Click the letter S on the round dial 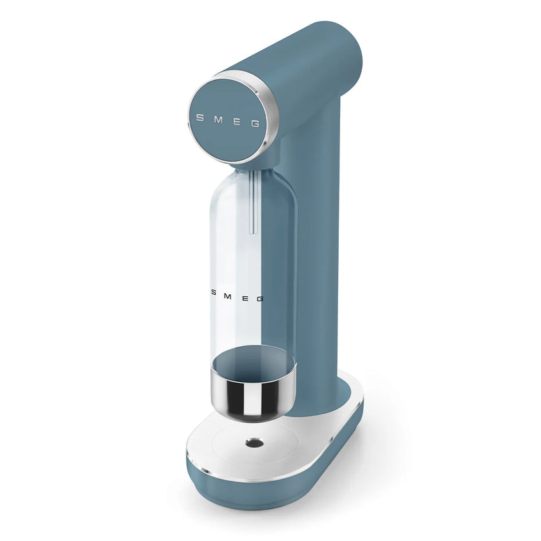coord(199,116)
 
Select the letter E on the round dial coord(237,121)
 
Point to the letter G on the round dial coord(255,124)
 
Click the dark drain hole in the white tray coord(255,442)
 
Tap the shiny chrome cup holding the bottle coord(254,399)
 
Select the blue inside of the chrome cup coord(254,365)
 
